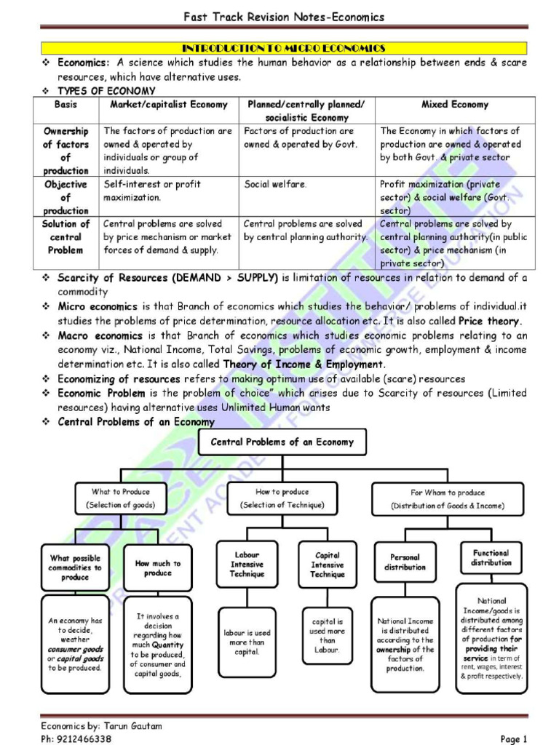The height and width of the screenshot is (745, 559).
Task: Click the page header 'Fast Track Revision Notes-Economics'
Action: (283, 17)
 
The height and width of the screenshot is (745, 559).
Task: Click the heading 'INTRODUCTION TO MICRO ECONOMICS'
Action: (283, 48)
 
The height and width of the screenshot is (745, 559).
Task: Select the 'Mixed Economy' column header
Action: (455, 105)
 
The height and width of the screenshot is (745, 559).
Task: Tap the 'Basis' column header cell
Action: (66, 105)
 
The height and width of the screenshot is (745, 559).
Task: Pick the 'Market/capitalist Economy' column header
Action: (169, 105)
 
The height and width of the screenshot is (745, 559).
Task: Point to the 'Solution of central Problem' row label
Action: (66, 237)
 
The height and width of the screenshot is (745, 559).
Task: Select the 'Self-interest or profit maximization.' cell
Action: (153, 191)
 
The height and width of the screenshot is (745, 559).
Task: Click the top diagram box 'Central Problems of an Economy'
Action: (282, 442)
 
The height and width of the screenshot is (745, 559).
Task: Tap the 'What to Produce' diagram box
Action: (121, 498)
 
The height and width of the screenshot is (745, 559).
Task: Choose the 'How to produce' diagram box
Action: (282, 498)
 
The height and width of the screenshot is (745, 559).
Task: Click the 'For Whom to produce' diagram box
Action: (447, 498)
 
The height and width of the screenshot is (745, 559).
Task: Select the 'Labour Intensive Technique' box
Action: (247, 564)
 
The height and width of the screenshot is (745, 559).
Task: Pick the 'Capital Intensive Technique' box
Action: (328, 564)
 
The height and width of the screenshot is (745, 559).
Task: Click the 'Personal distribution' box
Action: (405, 562)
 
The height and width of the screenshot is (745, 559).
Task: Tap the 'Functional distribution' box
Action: (491, 558)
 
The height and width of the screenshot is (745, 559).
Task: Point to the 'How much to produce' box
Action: (158, 567)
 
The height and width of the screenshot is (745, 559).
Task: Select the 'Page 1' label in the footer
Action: (514, 739)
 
